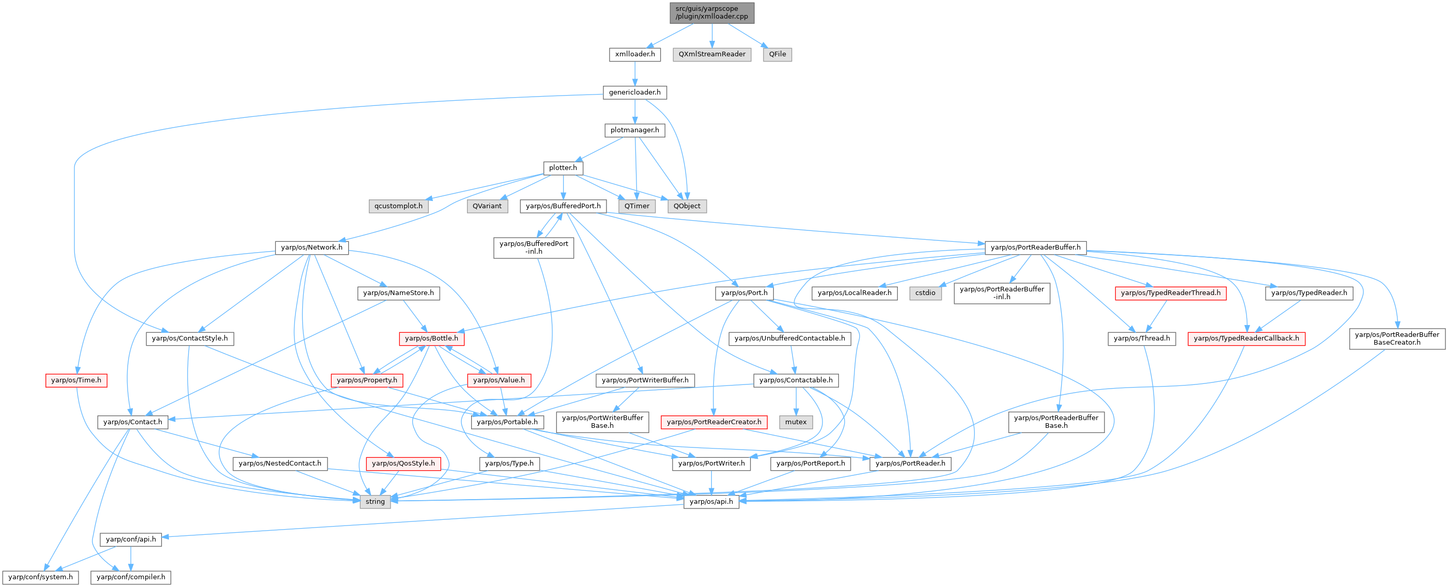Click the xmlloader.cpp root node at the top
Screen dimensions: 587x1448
pos(712,12)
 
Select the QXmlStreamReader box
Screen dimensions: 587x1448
pos(712,54)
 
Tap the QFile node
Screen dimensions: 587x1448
pos(777,54)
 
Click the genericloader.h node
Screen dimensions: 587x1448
pos(634,92)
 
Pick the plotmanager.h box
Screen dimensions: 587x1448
pos(634,130)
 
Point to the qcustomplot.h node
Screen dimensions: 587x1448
pos(398,206)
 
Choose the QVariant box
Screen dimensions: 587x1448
pos(487,206)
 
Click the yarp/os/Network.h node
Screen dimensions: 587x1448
pos(312,248)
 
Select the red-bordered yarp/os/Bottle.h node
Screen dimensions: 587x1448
pos(431,338)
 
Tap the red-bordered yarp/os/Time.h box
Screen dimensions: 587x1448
pos(76,380)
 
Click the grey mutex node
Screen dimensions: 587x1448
pos(796,422)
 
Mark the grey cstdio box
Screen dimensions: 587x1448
pos(925,293)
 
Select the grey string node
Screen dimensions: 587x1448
pos(375,502)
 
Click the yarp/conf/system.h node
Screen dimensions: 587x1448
pos(40,577)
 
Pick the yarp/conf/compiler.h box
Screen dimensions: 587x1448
pos(131,577)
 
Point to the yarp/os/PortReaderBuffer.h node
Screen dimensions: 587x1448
pos(1035,248)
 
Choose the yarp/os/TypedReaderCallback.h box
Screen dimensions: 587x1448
pos(1246,338)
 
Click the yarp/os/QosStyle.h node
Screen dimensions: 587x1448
pos(403,464)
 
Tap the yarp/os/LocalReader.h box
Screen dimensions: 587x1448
pos(854,293)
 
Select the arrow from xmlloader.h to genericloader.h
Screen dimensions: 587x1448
pos(634,73)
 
